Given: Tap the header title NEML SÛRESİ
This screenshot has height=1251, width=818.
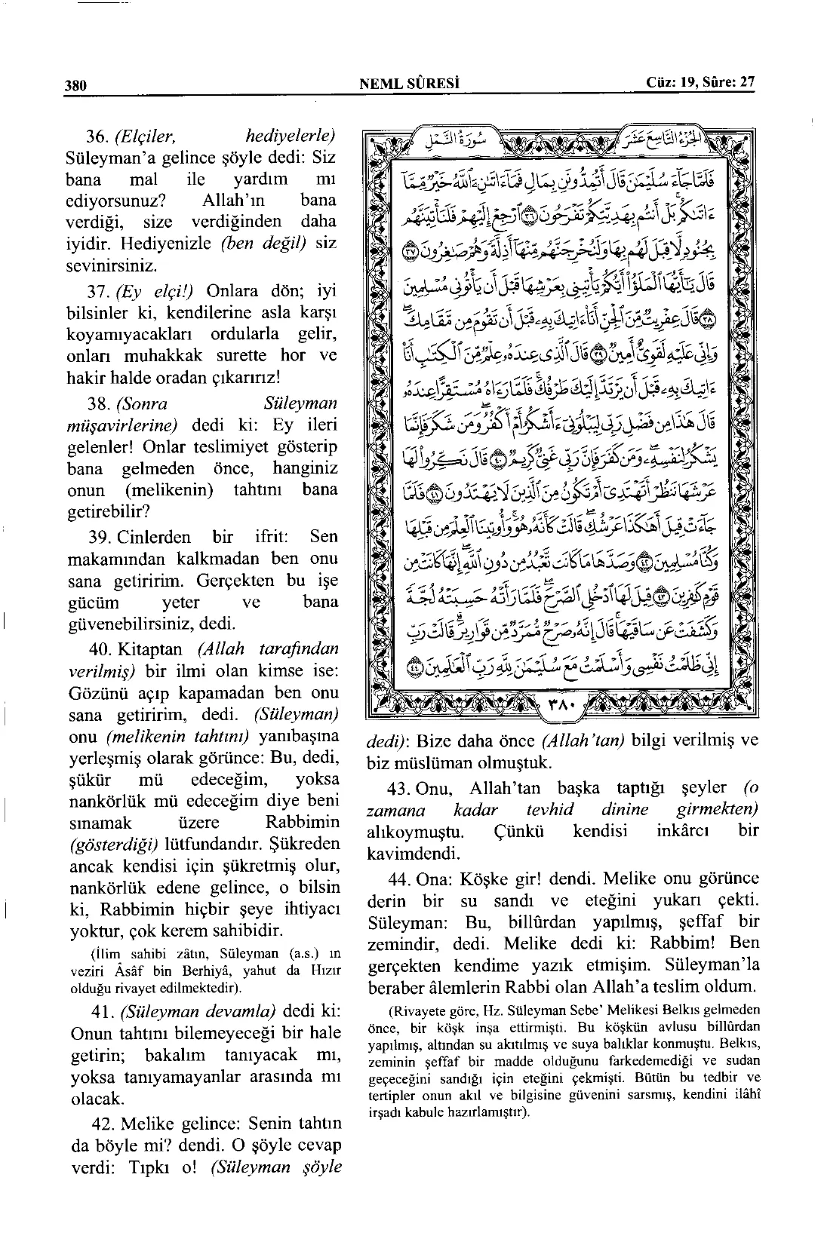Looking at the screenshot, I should click(411, 83).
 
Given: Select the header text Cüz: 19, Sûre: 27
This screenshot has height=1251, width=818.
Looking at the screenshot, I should click(700, 82).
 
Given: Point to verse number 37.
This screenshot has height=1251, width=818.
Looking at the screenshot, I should click(99, 291).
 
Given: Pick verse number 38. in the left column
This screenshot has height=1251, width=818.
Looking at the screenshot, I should click(99, 403).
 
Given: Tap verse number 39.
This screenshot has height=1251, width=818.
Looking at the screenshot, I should click(99, 537).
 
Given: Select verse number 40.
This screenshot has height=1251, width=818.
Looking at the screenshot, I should click(99, 648).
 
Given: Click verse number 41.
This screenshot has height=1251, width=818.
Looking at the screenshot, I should click(99, 1010).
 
